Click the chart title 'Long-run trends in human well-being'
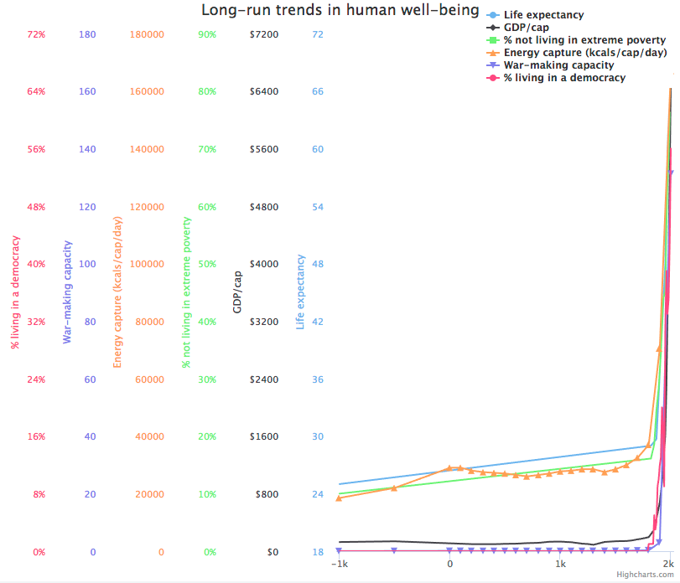(x=340, y=11)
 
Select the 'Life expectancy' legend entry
(x=543, y=15)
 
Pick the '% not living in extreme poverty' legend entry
(x=584, y=40)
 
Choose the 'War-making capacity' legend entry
(x=558, y=65)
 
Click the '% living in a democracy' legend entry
(x=564, y=78)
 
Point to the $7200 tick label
(x=264, y=34)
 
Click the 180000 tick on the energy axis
(x=147, y=34)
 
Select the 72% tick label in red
(x=35, y=34)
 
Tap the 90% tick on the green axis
(x=206, y=34)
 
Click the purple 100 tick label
(x=87, y=264)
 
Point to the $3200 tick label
(x=264, y=322)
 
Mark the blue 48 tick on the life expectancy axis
(x=317, y=264)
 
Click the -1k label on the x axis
(x=339, y=565)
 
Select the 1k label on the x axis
(x=560, y=565)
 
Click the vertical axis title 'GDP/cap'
(x=237, y=292)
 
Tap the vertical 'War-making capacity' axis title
(x=67, y=292)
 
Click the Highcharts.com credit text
(x=644, y=575)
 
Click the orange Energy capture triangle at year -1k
(x=339, y=498)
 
